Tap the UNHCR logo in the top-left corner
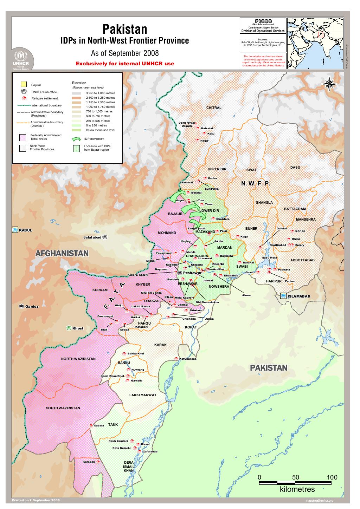[23, 60]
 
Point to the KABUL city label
[25, 230]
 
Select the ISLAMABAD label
[299, 296]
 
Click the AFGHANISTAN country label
[62, 253]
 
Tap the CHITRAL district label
[214, 108]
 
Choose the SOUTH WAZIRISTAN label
[63, 408]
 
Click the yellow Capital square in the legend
[24, 84]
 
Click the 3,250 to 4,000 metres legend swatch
[76, 93]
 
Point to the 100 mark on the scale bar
[332, 477]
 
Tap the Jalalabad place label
[92, 237]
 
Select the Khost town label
[78, 328]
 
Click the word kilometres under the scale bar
[297, 489]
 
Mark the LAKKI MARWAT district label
[143, 395]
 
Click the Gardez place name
[32, 306]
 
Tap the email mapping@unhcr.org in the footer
[319, 501]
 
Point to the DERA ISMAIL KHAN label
[129, 466]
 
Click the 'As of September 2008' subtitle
[125, 53]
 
